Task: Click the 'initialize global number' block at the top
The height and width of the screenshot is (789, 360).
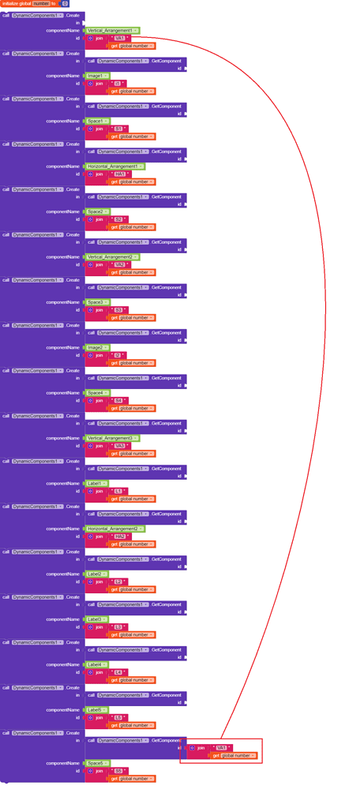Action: click(24, 4)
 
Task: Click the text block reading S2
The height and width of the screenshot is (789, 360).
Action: click(118, 219)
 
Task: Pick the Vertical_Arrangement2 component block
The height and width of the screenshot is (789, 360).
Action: click(111, 257)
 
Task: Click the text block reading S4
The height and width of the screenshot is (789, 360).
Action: click(118, 401)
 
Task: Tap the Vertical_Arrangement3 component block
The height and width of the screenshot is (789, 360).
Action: click(111, 439)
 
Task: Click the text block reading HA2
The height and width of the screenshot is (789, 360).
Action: click(120, 537)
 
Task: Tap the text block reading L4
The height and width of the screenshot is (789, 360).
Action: click(118, 672)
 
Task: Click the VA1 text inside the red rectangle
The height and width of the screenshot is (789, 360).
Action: click(222, 748)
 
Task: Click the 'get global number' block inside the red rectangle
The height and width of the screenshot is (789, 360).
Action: click(235, 756)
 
